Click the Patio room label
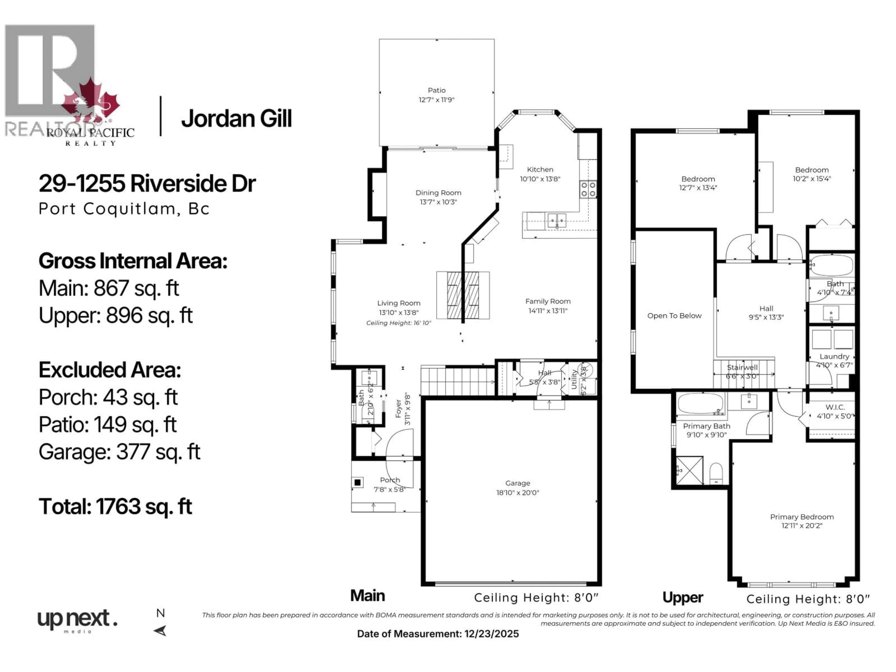(x=436, y=90)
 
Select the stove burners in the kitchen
(x=588, y=189)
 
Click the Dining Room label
(x=438, y=193)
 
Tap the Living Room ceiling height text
(x=399, y=323)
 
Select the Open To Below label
(x=674, y=315)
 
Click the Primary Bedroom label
(x=802, y=517)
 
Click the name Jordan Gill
(x=236, y=119)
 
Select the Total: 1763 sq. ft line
(x=115, y=506)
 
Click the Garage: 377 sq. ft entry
(x=119, y=452)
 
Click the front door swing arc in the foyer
(x=399, y=441)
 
